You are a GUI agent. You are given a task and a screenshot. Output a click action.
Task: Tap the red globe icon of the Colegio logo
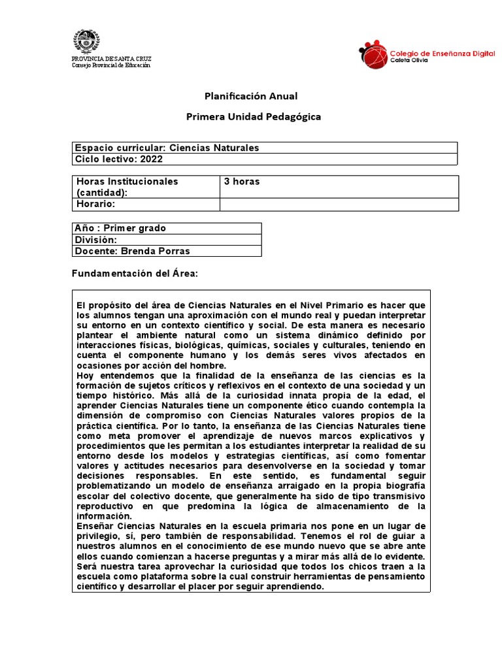[373, 54]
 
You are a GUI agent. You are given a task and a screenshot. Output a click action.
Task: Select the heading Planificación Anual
[251, 96]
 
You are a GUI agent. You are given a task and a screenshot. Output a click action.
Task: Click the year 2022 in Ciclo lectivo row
[151, 159]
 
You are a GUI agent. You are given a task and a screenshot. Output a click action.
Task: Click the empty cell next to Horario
[339, 204]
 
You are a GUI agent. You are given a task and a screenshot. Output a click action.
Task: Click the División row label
[97, 240]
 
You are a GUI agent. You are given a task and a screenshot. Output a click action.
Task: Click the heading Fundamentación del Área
[134, 272]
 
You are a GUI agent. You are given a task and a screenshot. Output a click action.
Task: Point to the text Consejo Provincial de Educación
[110, 65]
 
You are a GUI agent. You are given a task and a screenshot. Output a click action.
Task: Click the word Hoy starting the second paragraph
[85, 375]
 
